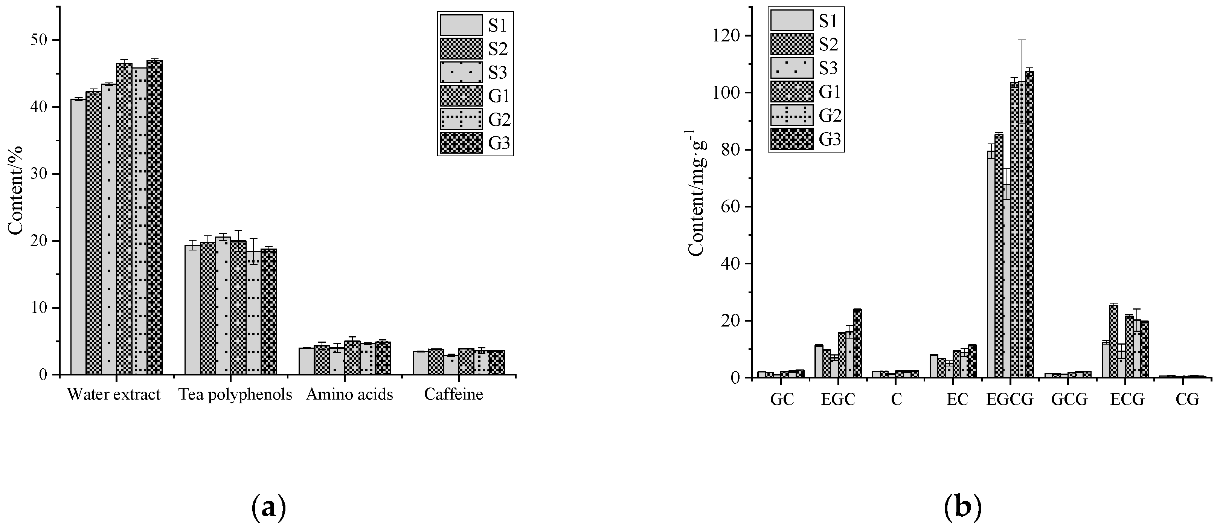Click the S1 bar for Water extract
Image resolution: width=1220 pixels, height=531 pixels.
tap(78, 237)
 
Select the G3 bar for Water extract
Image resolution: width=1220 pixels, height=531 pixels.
tap(154, 218)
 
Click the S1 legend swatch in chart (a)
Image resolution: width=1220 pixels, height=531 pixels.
tap(461, 25)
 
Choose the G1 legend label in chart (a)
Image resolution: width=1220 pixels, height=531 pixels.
tap(499, 96)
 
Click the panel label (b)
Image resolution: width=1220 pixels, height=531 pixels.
tap(962, 507)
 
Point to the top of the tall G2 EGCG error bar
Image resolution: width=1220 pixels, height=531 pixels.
tap(1022, 40)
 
